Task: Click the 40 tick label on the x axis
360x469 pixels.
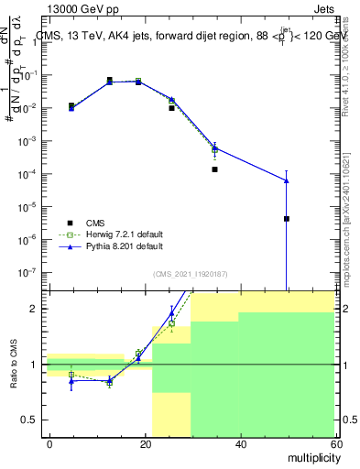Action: tap(240, 443)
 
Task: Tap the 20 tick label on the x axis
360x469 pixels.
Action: tap(145, 443)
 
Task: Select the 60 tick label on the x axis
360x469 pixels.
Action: tap(334, 443)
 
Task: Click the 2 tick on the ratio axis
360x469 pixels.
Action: tap(37, 309)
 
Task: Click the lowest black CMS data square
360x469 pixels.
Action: tap(287, 219)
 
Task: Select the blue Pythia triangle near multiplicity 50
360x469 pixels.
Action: tap(287, 180)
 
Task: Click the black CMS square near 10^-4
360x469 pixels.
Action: tap(214, 169)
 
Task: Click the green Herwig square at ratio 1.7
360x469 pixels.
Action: tap(171, 323)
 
